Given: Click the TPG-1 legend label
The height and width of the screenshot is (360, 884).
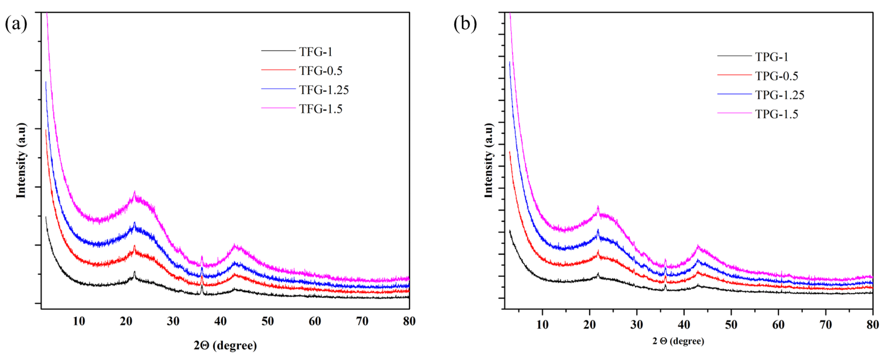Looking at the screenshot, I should tap(772, 57).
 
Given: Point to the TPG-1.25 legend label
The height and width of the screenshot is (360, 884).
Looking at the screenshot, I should tap(780, 95).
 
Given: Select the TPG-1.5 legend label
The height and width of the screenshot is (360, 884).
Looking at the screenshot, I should tap(777, 114).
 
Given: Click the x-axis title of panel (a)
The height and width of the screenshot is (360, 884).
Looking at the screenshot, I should tap(225, 345).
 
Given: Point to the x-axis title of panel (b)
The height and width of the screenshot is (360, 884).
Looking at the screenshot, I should tap(678, 341).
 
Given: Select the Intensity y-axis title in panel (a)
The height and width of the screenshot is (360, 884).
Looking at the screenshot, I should tap(21, 160).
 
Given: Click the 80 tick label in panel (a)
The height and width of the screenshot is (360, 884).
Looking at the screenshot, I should tap(409, 321).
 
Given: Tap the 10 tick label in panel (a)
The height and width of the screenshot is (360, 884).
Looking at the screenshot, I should tap(79, 321).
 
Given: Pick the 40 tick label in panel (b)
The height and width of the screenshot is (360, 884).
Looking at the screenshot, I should tap(684, 325).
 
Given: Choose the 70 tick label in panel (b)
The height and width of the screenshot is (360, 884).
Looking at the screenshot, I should tap(826, 325).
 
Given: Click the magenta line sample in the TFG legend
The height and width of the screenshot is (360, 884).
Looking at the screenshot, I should tap(278, 108).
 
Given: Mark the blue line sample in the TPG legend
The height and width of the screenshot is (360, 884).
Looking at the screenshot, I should tap(734, 94).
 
